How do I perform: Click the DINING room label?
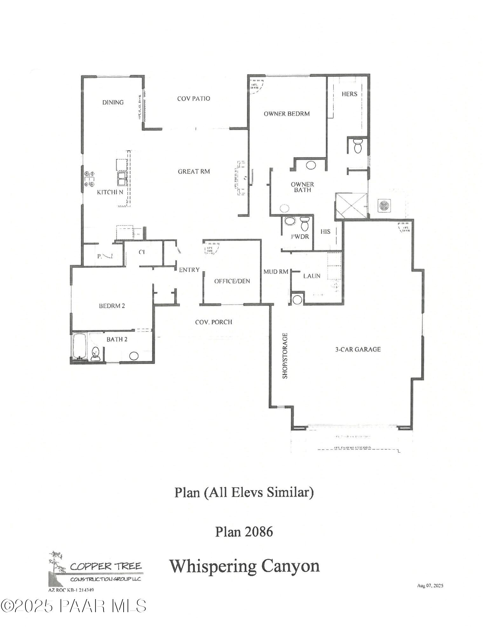tap(113, 102)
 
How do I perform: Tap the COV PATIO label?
tap(194, 98)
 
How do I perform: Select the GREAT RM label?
tap(194, 171)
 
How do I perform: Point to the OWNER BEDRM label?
tap(287, 114)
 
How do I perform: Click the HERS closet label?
tap(349, 94)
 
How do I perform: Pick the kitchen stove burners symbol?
tap(89, 178)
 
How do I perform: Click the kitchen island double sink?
tap(122, 178)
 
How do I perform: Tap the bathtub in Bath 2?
tap(79, 346)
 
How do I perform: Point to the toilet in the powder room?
tap(304, 224)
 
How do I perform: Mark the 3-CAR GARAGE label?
tap(358, 350)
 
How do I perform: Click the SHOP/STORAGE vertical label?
tap(285, 356)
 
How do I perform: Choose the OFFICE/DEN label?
tap(232, 281)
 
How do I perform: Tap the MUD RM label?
tap(276, 272)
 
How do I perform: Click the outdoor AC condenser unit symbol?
tap(384, 206)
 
